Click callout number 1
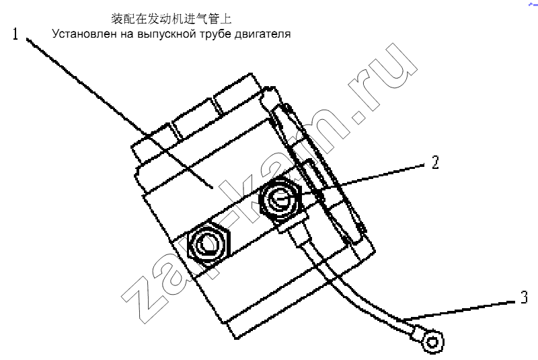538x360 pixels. [x=15, y=34]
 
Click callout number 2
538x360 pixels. [x=435, y=162]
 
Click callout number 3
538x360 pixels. [x=524, y=297]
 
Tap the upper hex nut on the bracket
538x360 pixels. [x=280, y=199]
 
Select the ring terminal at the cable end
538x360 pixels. [x=432, y=342]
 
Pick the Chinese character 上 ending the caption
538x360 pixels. [x=226, y=19]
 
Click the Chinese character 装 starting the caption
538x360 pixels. [x=117, y=19]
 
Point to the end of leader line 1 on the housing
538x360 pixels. [x=213, y=188]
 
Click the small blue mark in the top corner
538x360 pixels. [x=533, y=4]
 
